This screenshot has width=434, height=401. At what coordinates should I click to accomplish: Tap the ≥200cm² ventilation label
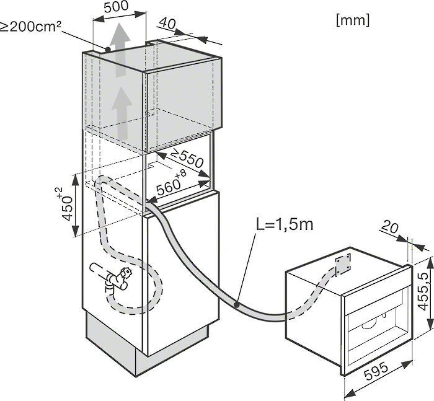point(30,27)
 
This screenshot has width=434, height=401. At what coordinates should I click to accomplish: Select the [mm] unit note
point(353,20)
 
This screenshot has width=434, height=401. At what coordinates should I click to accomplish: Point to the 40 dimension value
point(167,24)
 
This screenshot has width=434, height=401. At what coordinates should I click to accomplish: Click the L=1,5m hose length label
point(285,224)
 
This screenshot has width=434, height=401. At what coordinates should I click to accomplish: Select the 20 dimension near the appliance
point(390,227)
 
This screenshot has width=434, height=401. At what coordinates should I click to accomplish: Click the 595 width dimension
point(376,372)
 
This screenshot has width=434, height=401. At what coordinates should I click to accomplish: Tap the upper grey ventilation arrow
point(120,50)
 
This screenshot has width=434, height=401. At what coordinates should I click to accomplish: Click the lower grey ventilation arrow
point(122,114)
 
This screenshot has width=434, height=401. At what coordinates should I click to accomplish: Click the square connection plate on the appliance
point(343,264)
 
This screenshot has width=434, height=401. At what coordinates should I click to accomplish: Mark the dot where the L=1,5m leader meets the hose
point(236,305)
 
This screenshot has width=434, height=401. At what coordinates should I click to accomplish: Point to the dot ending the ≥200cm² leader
point(108,49)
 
